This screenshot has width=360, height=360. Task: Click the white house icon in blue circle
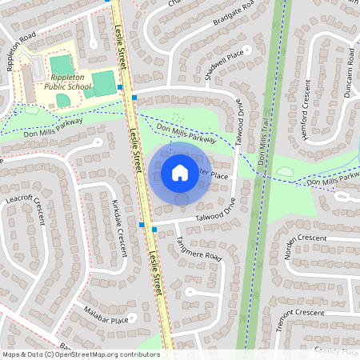[x=180, y=173]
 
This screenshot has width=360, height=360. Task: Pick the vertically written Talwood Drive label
[x=238, y=129]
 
